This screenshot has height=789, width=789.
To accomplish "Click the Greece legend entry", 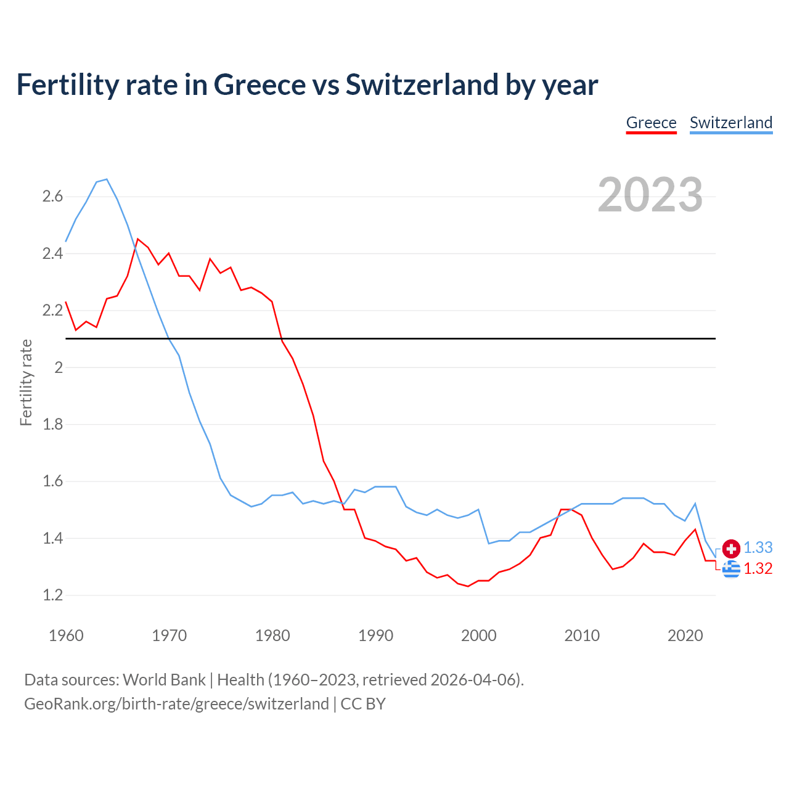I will pyautogui.click(x=651, y=123).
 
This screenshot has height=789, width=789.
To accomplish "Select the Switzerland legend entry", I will pyautogui.click(x=730, y=123).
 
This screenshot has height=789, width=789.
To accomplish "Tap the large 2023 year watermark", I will pyautogui.click(x=650, y=195).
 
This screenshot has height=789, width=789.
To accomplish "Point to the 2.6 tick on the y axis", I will pyautogui.click(x=52, y=197).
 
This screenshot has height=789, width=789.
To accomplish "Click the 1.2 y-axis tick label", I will pyautogui.click(x=52, y=595).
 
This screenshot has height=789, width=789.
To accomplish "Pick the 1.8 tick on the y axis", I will pyautogui.click(x=52, y=425).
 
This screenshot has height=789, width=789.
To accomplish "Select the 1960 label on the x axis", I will pyautogui.click(x=66, y=636).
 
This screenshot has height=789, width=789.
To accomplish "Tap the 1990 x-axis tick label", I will pyautogui.click(x=375, y=636).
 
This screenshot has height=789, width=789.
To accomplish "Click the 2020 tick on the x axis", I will pyautogui.click(x=685, y=636).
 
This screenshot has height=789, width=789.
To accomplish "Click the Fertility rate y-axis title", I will pyautogui.click(x=26, y=382).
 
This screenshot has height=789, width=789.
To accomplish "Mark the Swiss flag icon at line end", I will pyautogui.click(x=731, y=548).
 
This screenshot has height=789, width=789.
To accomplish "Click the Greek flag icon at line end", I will pyautogui.click(x=731, y=569).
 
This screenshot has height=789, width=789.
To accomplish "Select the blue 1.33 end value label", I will pyautogui.click(x=758, y=547).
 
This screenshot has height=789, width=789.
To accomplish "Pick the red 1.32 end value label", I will pyautogui.click(x=758, y=568).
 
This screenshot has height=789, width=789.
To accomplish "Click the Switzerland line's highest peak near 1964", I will pyautogui.click(x=107, y=179).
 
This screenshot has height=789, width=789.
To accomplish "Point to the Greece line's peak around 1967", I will pyautogui.click(x=137, y=239).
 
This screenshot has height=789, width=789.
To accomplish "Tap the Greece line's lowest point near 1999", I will pyautogui.click(x=468, y=586).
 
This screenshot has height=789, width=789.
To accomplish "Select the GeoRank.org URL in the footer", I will pyautogui.click(x=176, y=704).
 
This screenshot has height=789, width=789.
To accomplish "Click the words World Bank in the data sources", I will pyautogui.click(x=164, y=679).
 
